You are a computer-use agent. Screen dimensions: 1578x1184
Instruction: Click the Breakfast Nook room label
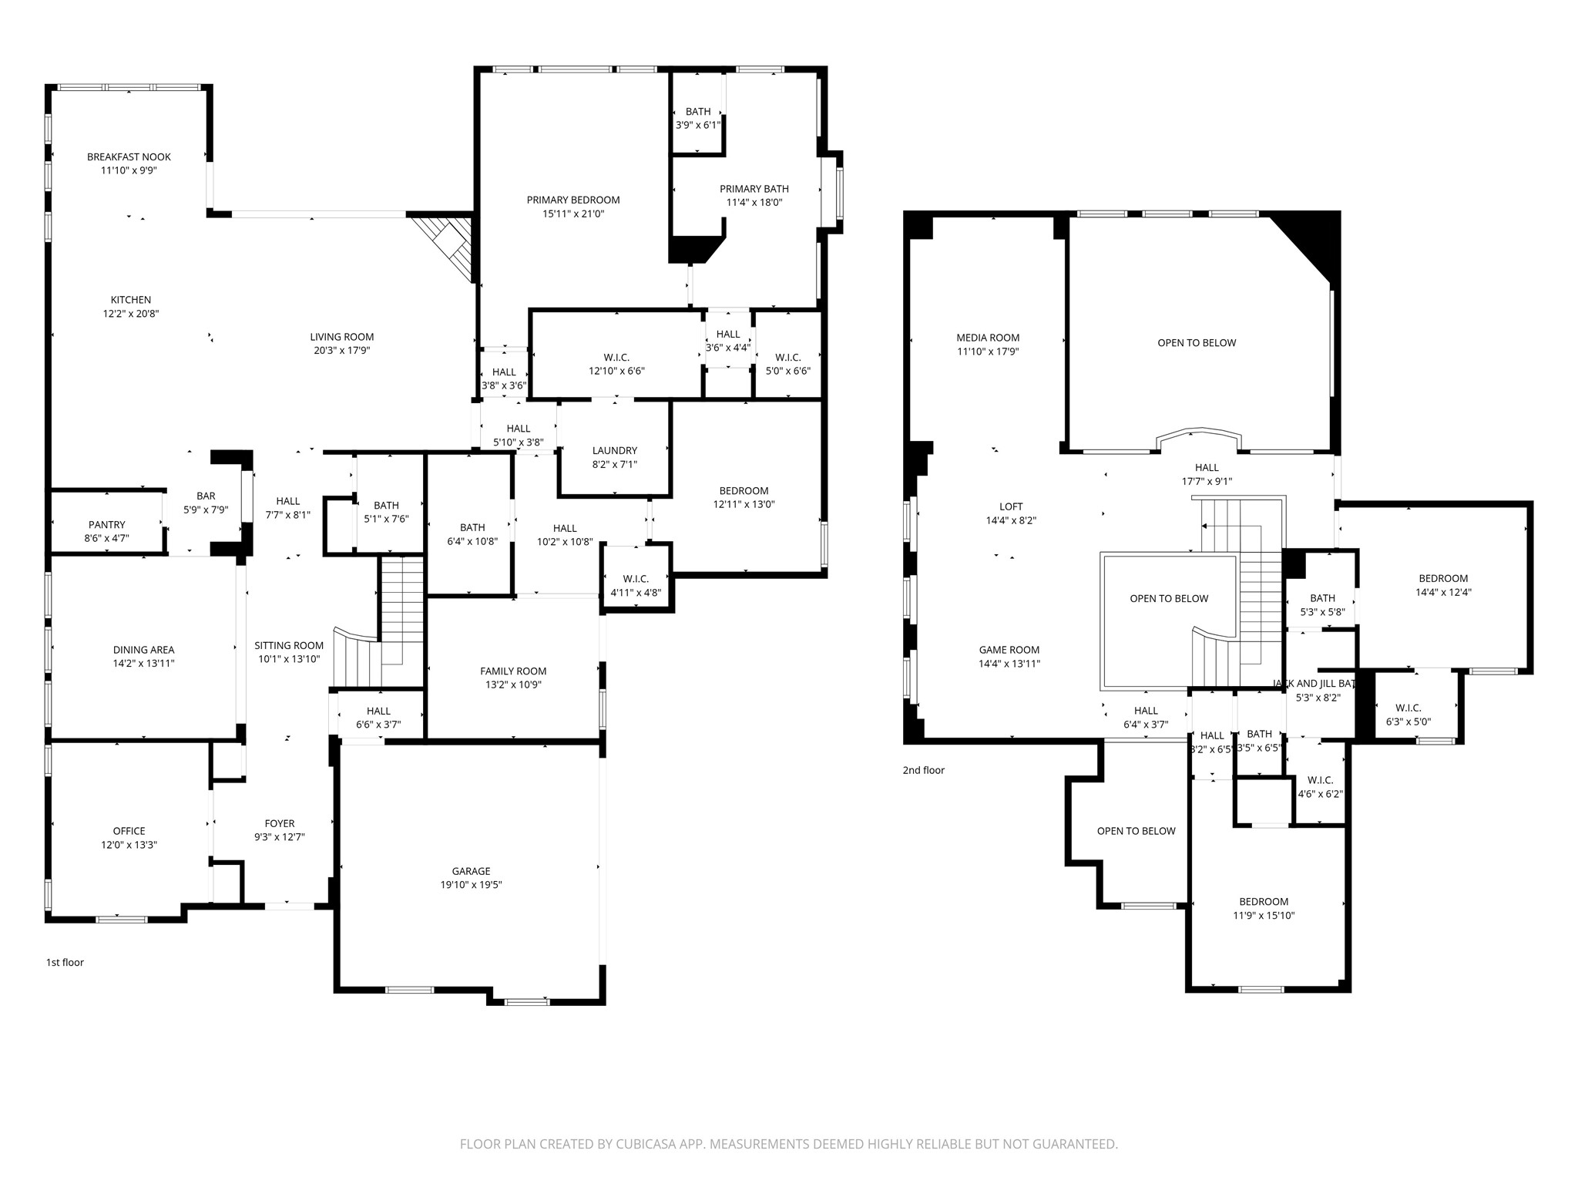(x=129, y=157)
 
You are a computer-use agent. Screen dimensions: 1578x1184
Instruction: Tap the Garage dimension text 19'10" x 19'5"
(x=470, y=885)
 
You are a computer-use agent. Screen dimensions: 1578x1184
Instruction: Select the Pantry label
(x=106, y=525)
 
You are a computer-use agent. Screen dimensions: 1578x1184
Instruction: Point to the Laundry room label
(x=614, y=451)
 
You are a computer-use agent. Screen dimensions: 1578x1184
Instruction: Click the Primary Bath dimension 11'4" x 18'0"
(x=754, y=203)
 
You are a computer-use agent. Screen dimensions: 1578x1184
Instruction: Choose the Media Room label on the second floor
(x=988, y=338)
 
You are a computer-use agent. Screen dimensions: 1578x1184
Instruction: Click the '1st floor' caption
(x=65, y=962)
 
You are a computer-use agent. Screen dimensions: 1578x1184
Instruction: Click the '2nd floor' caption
(x=923, y=770)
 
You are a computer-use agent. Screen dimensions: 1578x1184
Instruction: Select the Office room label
(x=129, y=831)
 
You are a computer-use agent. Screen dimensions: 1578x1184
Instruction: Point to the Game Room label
(x=1009, y=650)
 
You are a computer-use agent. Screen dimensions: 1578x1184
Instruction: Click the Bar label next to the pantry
(x=206, y=496)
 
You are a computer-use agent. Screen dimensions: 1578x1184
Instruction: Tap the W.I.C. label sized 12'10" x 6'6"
(x=616, y=358)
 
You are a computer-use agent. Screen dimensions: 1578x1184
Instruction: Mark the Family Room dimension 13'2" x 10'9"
(x=513, y=684)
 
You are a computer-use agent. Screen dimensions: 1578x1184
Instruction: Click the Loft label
(x=1011, y=506)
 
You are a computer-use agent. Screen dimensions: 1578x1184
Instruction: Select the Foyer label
(x=280, y=823)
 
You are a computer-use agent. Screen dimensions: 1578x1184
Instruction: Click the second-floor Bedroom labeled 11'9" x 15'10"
(x=1264, y=902)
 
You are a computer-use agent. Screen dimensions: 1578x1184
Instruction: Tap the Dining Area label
(x=143, y=650)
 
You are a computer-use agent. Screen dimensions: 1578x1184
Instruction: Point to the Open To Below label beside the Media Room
(x=1196, y=343)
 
